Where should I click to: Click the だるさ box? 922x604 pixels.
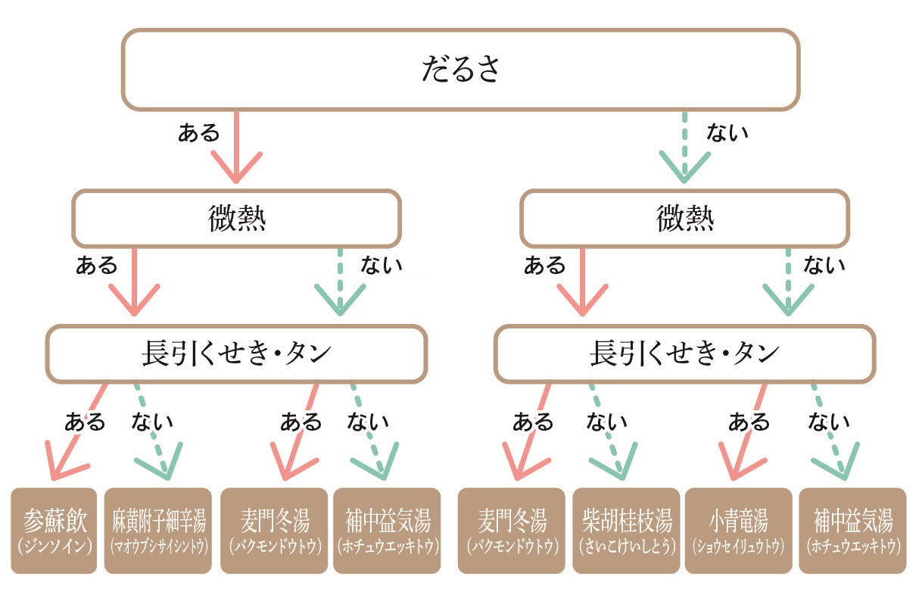click(x=460, y=70)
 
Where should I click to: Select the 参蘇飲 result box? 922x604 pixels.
click(x=55, y=530)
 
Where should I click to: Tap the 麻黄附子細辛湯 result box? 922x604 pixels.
click(x=157, y=530)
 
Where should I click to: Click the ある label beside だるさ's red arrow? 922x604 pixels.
click(x=198, y=134)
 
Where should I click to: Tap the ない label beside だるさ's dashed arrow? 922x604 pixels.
click(x=727, y=134)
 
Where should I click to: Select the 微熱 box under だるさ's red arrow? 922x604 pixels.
click(x=235, y=219)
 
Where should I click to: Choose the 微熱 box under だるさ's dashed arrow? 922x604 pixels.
click(x=684, y=219)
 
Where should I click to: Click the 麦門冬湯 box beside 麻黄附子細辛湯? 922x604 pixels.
click(x=274, y=530)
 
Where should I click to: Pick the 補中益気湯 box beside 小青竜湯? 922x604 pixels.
click(x=852, y=530)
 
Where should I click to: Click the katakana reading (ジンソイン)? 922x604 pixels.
click(x=55, y=546)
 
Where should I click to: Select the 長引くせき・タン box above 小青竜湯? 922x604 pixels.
click(x=684, y=353)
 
